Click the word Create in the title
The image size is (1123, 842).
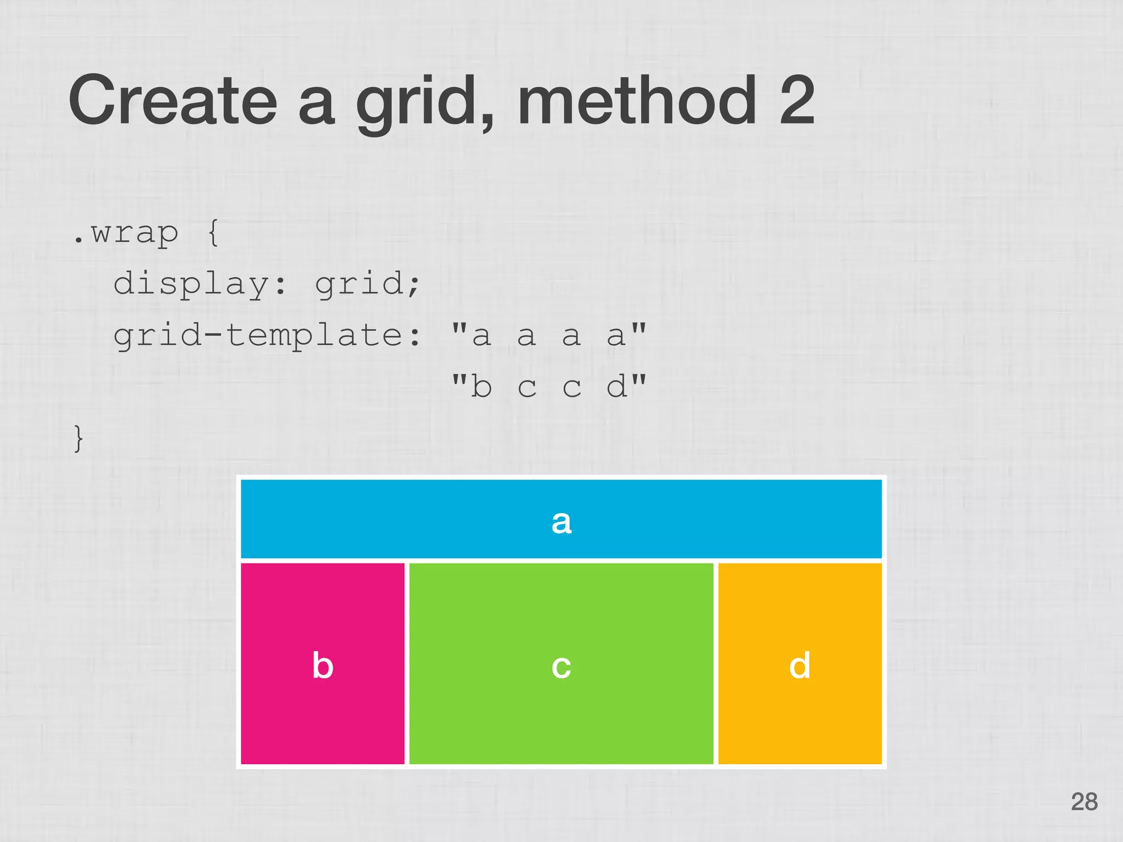tap(173, 100)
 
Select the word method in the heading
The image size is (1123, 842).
tap(637, 100)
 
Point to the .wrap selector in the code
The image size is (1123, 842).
tap(126, 234)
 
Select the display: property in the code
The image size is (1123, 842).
tap(200, 285)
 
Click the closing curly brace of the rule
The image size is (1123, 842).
tap(79, 439)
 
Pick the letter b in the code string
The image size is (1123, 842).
tap(481, 386)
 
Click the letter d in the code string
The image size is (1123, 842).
tap(616, 386)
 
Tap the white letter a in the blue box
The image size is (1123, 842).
tap(561, 521)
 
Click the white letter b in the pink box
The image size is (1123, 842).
tap(322, 665)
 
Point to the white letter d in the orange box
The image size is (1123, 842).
tap(799, 665)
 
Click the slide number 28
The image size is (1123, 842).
tap(1084, 801)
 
